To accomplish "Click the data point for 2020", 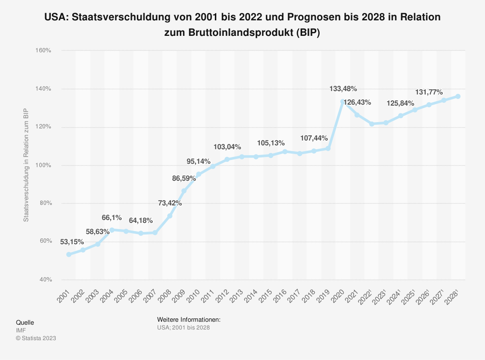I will tap(342, 102).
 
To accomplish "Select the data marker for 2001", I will tap(69, 254).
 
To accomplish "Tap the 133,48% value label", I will tap(343, 89).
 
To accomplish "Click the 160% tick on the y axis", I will tap(43, 50).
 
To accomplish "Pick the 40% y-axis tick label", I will tap(45, 280).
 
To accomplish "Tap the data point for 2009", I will tap(184, 191).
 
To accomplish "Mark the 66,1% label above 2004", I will tap(112, 218).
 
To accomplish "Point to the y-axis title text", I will tap(26, 165).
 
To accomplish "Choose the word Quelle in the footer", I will tap(25, 322).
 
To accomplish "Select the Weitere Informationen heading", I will tap(189, 320).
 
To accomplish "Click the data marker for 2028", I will tap(458, 96).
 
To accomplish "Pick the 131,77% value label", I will tap(429, 92).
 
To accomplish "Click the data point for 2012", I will tap(227, 159).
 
